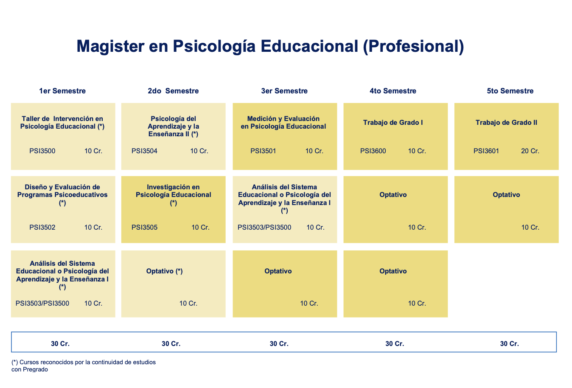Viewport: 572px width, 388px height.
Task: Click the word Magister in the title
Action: [x=111, y=46]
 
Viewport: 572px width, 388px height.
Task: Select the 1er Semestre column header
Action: [x=62, y=91]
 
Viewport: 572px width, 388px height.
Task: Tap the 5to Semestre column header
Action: [x=510, y=91]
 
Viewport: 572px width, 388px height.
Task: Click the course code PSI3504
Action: [x=144, y=151]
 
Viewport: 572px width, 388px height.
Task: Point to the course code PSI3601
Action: [x=486, y=151]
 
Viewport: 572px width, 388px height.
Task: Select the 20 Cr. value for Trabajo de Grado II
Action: [x=530, y=151]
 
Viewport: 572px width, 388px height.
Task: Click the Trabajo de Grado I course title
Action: [x=393, y=123]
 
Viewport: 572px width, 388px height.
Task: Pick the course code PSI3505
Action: [x=144, y=228]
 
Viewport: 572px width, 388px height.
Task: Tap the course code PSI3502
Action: [x=42, y=228]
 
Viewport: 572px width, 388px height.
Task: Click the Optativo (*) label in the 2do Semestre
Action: [x=165, y=271]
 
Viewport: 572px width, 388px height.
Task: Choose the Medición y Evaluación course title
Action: [x=283, y=122]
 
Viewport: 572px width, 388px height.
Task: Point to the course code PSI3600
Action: [x=373, y=151]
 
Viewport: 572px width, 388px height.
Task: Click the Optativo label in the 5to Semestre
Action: [x=506, y=195]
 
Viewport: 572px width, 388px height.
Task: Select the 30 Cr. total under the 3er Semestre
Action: [x=279, y=344]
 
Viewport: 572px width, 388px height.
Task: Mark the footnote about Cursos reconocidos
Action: [x=84, y=366]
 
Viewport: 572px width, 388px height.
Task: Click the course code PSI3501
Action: [x=263, y=151]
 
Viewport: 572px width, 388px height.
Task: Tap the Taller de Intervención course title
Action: [x=62, y=122]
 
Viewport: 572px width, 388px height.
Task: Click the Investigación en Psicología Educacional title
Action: [x=174, y=195]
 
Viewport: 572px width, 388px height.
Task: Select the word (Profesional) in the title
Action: [x=413, y=46]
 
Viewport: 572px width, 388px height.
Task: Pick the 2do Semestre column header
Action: [x=173, y=91]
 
